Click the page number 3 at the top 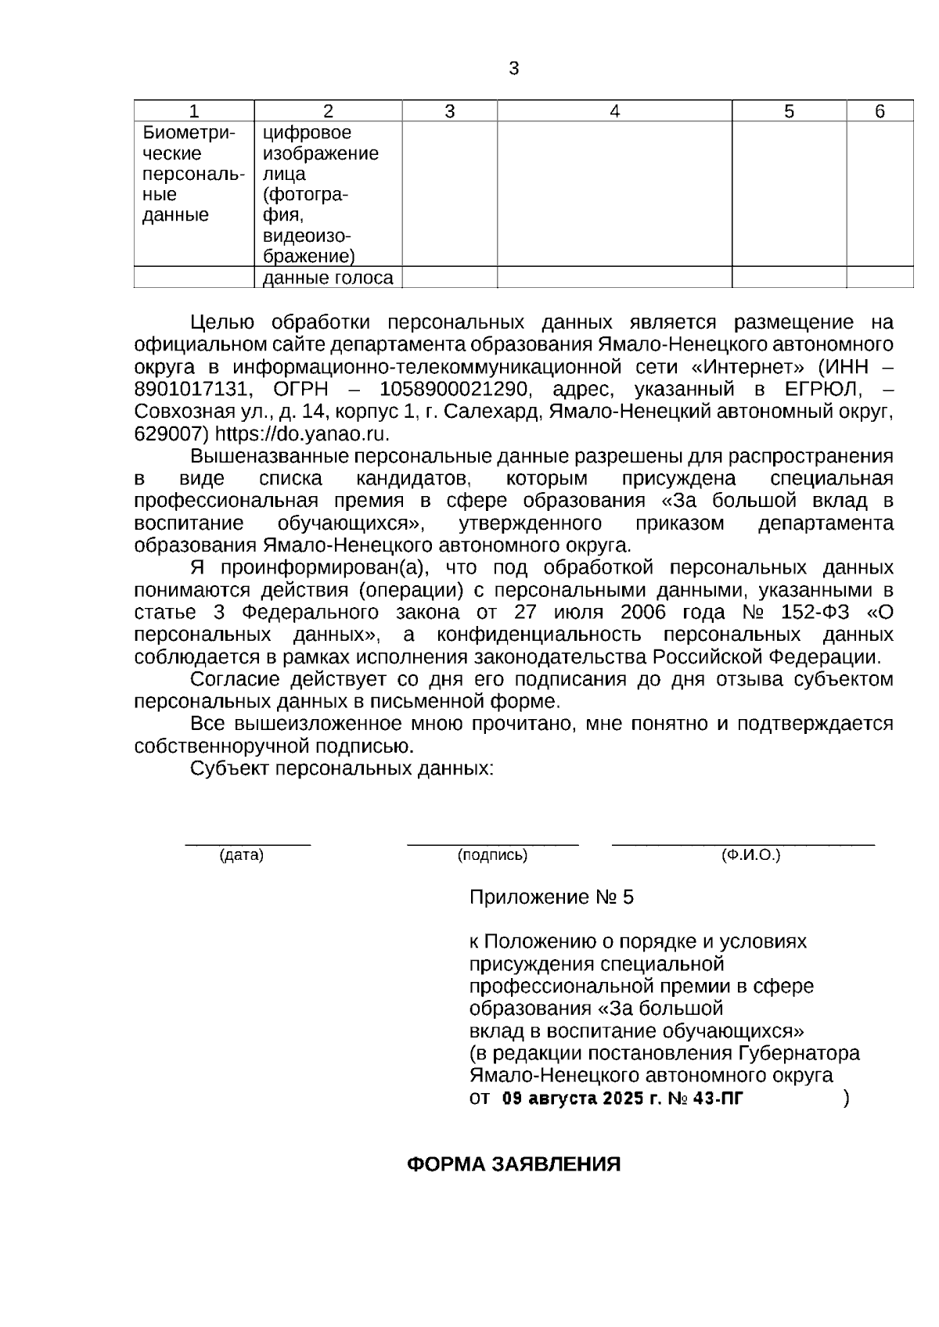pos(513,69)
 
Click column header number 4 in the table pos(614,112)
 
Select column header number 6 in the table pos(880,112)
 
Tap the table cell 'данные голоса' pos(328,278)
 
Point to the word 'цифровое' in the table pos(307,133)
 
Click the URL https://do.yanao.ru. pos(302,433)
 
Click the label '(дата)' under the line pos(242,856)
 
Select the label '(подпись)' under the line pos(492,856)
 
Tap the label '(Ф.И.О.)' pos(750,856)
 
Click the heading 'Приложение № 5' pos(551,897)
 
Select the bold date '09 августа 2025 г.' pos(581,1099)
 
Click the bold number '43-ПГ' pos(718,1099)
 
